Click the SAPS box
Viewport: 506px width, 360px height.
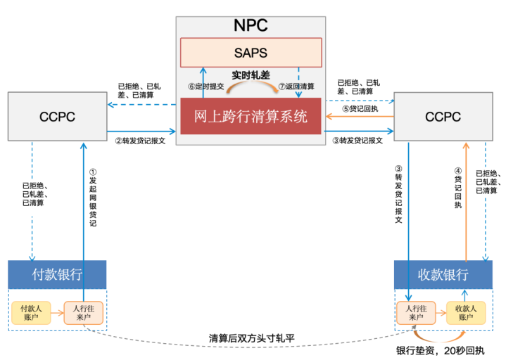[x=251, y=53]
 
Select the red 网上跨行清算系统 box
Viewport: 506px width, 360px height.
[x=251, y=116]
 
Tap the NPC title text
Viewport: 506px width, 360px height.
[x=251, y=25]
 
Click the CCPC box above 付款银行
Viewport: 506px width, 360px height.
[x=58, y=116]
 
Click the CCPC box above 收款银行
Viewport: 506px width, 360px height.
[x=443, y=116]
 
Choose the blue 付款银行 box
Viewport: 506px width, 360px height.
[x=57, y=275]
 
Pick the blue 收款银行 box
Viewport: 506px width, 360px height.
[x=443, y=275]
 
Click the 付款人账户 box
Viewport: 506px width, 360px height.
[x=31, y=313]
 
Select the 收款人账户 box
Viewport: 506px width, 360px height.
[x=466, y=313]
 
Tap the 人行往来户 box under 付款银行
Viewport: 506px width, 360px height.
[x=84, y=313]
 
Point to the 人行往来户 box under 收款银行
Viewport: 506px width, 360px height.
[x=416, y=313]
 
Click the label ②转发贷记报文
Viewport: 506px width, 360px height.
[x=140, y=141]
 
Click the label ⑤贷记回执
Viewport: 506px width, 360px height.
[x=360, y=108]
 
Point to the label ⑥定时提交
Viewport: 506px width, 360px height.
[x=206, y=86]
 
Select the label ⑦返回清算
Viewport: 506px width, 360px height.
[x=296, y=86]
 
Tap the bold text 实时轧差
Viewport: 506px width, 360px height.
[x=251, y=75]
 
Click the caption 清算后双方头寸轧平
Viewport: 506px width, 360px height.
[x=251, y=338]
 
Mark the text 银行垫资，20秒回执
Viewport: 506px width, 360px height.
[x=441, y=351]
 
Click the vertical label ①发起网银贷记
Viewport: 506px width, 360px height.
[x=93, y=198]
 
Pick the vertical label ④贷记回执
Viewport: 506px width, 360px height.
[x=458, y=188]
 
